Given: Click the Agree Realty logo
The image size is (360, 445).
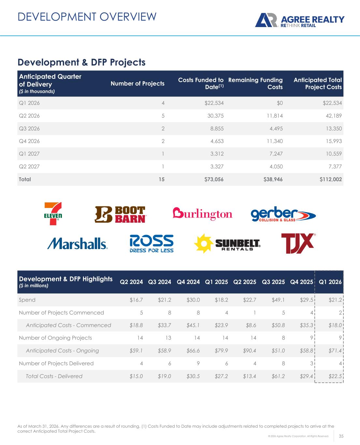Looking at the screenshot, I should [x=299, y=21].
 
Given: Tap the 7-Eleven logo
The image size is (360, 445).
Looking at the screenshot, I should [x=53, y=214].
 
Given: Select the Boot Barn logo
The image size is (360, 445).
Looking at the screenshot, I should [x=120, y=215].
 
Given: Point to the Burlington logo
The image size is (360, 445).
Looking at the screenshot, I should [x=202, y=214].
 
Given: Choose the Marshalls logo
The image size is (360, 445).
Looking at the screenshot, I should [x=78, y=244].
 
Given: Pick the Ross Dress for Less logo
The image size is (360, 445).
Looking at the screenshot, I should [x=151, y=244].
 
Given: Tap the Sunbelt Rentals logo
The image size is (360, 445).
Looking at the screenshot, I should [x=227, y=244].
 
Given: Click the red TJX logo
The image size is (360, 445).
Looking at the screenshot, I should [x=298, y=243].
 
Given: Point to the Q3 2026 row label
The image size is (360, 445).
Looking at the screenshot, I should [x=29, y=128].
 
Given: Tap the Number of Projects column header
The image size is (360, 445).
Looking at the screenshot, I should [x=137, y=84].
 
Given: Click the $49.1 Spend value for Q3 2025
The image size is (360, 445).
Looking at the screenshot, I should [x=278, y=300].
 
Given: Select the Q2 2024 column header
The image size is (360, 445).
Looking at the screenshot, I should [x=132, y=282].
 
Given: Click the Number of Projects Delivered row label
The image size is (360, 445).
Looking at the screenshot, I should [x=56, y=363].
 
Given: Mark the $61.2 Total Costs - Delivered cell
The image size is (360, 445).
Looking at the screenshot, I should [x=278, y=376].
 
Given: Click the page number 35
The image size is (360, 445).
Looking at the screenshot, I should [x=342, y=436].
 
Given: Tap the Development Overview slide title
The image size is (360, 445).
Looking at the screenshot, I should [x=87, y=17].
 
